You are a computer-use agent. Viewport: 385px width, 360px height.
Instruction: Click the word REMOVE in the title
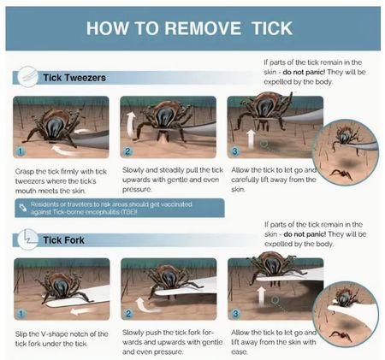203,28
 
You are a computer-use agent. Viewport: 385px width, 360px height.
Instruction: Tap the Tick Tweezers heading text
74,78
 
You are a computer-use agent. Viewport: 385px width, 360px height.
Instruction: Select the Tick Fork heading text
63,240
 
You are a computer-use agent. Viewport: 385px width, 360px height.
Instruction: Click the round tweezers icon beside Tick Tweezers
27,77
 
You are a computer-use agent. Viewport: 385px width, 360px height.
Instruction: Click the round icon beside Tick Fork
27,239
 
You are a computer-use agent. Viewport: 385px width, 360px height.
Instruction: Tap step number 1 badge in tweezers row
21,151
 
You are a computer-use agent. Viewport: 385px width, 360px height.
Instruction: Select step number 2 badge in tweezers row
127,151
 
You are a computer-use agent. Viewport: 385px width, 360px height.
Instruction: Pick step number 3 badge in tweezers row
234,151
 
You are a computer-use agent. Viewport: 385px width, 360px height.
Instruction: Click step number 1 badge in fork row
21,314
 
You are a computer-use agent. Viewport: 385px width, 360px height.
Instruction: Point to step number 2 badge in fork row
128,314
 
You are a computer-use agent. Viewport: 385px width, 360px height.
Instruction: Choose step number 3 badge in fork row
235,314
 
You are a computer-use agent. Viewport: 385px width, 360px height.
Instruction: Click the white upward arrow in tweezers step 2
131,125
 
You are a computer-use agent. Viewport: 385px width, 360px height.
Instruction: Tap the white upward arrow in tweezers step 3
251,139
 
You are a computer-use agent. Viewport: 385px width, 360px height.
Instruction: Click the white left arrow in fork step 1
79,311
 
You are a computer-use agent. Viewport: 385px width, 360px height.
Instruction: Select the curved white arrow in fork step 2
143,306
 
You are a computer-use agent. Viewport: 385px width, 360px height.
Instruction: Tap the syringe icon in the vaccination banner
23,208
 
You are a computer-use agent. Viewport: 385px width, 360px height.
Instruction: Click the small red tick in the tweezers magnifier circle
341,174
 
